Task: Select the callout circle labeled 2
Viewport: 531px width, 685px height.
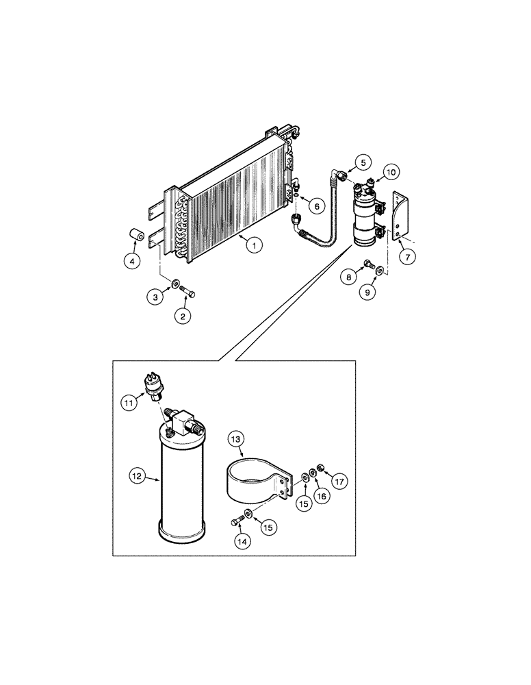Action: tap(182, 316)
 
